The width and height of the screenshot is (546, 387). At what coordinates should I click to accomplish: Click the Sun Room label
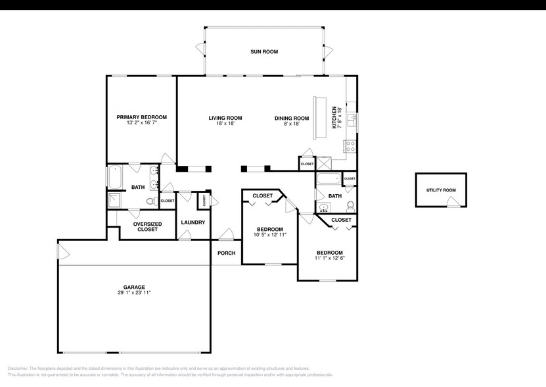tap(264, 51)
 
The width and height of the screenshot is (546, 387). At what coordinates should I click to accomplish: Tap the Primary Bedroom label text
tap(141, 117)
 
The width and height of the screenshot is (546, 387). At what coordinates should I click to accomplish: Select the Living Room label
tap(225, 118)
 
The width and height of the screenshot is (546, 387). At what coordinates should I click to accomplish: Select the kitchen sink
tap(352, 120)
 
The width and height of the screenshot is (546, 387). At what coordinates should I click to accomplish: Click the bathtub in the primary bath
tap(115, 178)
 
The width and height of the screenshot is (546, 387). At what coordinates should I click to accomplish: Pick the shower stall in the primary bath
tap(115, 199)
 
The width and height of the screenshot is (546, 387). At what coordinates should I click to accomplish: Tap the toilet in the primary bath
tap(150, 201)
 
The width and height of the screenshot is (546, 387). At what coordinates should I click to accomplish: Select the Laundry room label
tap(193, 222)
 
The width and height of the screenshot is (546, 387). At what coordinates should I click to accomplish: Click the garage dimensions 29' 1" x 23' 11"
tap(134, 293)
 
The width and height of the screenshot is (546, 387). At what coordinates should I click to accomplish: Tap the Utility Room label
tap(441, 190)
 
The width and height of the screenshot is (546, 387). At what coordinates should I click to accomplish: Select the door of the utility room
tap(453, 205)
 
